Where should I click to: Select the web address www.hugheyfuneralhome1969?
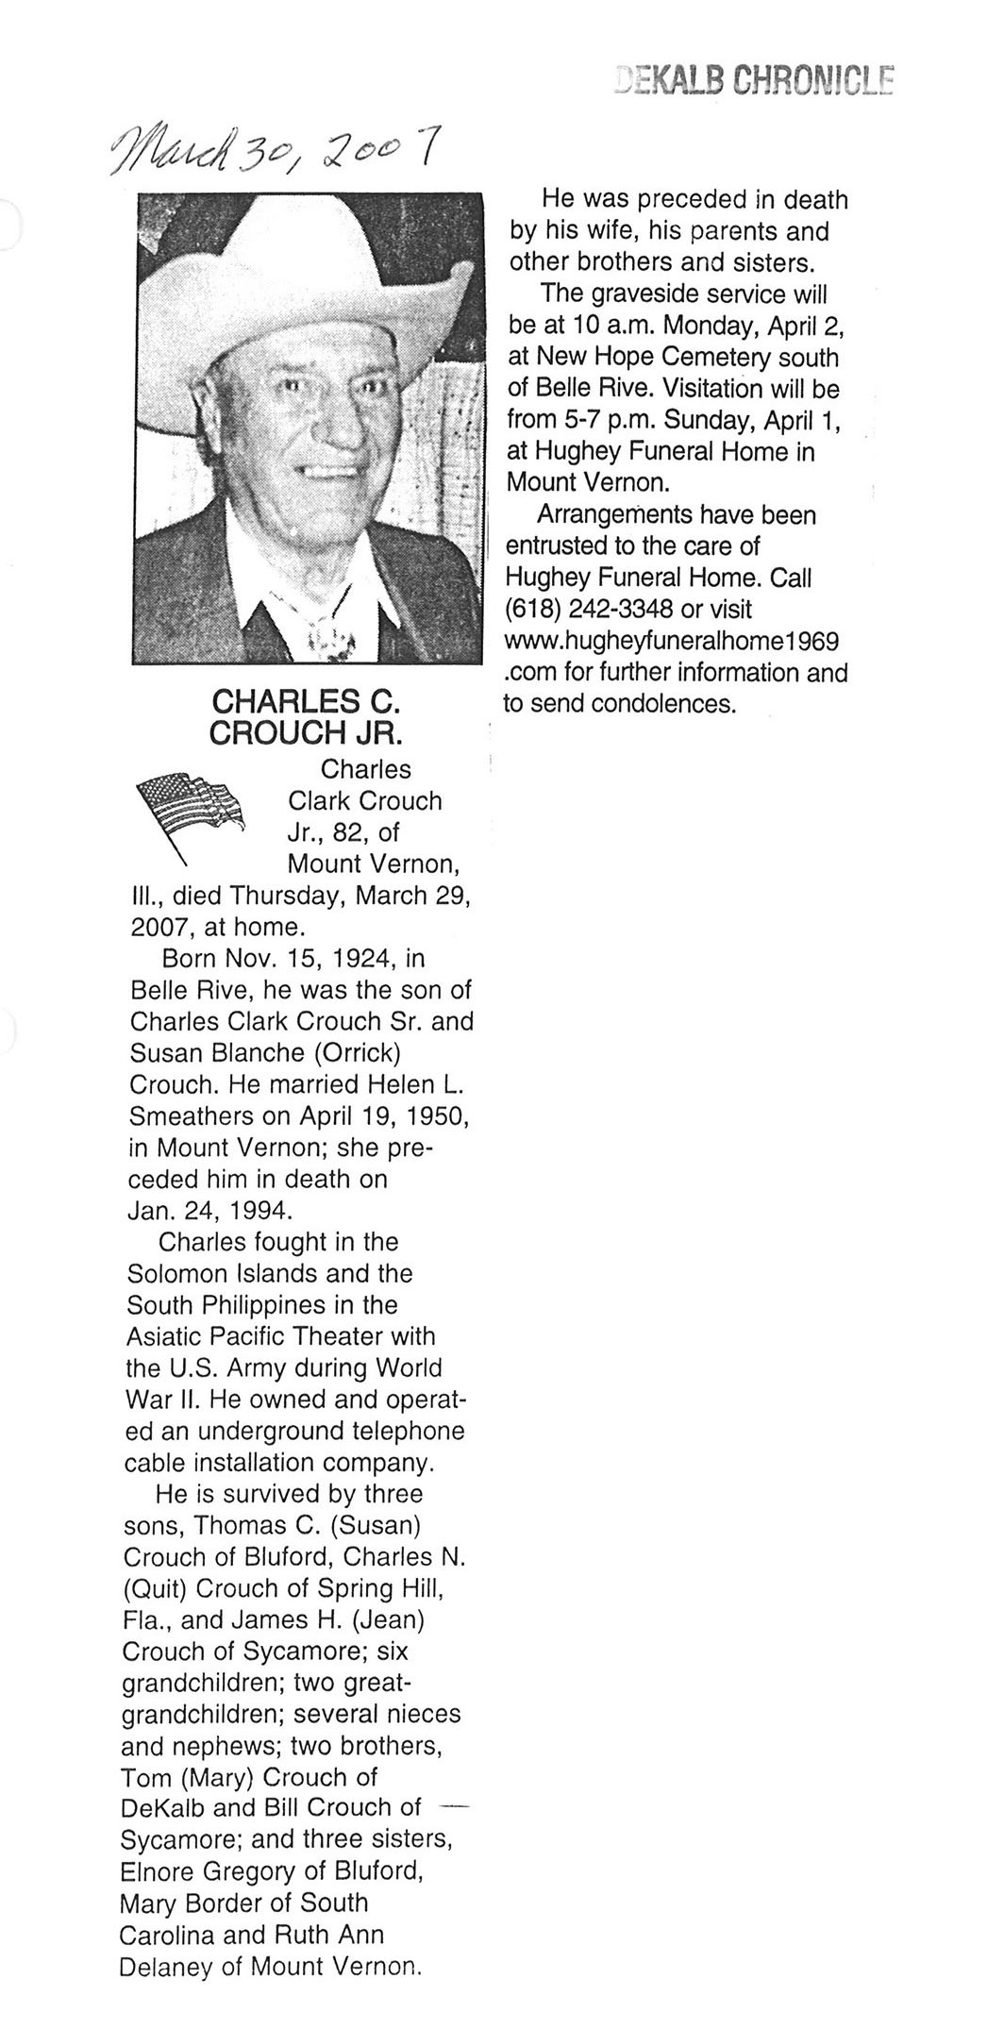click(x=673, y=641)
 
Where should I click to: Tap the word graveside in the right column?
click(x=646, y=293)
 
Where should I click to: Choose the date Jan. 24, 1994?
click(x=203, y=1211)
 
